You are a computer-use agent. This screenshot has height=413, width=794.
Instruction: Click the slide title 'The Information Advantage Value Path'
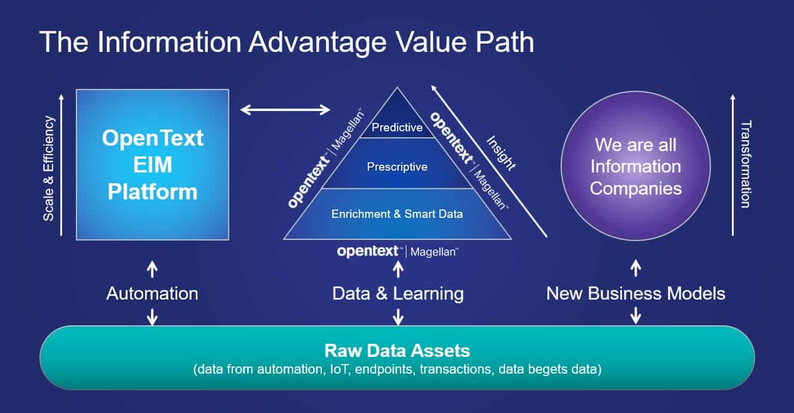tap(287, 43)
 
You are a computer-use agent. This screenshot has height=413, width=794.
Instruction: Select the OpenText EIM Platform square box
tap(152, 165)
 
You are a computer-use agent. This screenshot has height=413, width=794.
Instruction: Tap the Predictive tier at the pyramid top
tap(397, 127)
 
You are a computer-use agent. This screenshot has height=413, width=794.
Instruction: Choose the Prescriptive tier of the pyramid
tap(397, 167)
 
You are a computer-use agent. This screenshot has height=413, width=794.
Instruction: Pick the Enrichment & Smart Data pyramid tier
tap(397, 214)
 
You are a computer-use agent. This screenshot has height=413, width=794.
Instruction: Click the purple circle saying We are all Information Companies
tap(636, 166)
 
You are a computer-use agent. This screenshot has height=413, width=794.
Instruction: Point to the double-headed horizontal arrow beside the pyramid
tap(285, 109)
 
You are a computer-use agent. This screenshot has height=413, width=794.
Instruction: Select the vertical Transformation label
tap(746, 165)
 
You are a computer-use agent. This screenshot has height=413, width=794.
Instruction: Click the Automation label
tap(152, 294)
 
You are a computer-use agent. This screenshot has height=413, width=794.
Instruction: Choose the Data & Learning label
tap(398, 294)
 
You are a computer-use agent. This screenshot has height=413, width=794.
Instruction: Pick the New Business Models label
tap(636, 294)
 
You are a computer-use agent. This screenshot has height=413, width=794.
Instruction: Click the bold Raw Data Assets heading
tap(397, 350)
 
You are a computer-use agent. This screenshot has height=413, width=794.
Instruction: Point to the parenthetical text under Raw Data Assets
tap(397, 369)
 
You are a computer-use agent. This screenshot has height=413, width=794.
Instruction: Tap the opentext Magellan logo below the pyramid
tap(398, 252)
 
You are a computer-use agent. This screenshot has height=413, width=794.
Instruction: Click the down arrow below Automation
tap(152, 316)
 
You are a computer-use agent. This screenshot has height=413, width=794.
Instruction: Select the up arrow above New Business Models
tap(636, 269)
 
